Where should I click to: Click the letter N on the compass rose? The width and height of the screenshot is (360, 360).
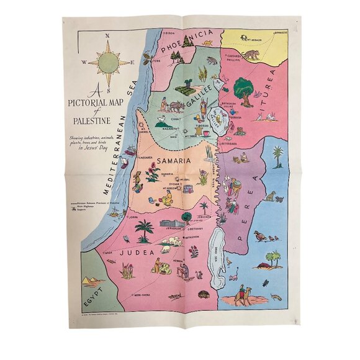107,37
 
